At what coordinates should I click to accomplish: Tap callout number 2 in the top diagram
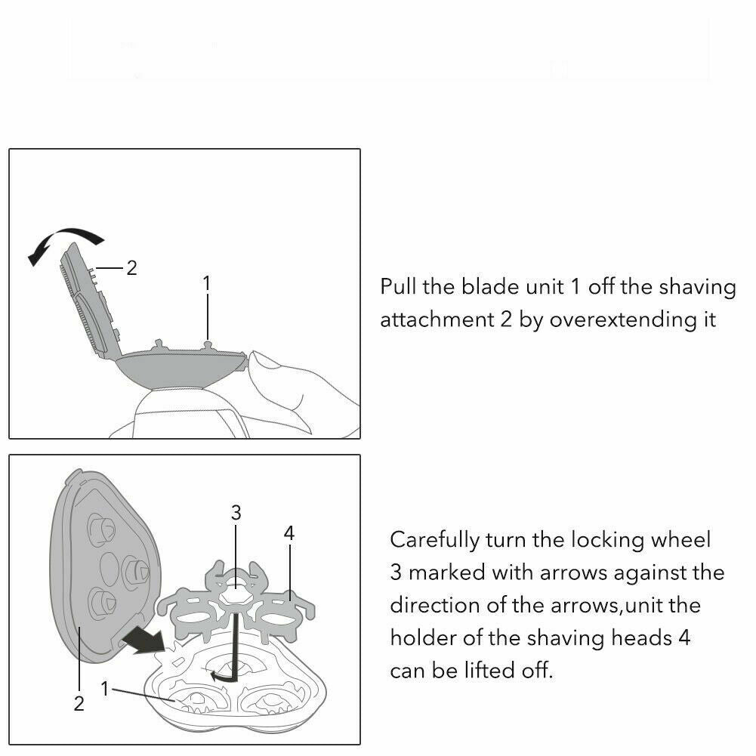click(x=131, y=268)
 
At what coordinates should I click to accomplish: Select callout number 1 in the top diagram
click(x=207, y=283)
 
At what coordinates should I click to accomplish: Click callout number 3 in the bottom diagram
click(x=236, y=513)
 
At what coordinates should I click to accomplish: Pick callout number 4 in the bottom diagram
click(x=289, y=532)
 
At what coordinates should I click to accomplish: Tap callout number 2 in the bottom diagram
click(x=79, y=703)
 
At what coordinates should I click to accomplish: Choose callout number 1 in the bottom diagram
click(x=105, y=689)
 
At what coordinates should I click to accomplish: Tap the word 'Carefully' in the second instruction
click(x=434, y=540)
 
